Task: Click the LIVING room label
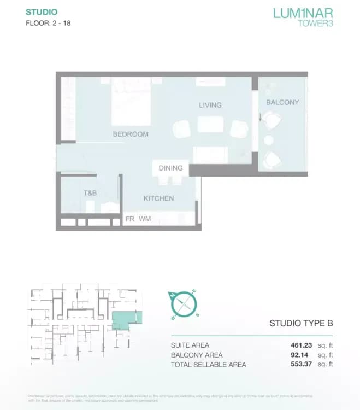pyautogui.click(x=210, y=105)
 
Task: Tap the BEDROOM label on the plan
pyautogui.click(x=131, y=134)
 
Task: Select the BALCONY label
pyautogui.click(x=282, y=102)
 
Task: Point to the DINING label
pyautogui.click(x=170, y=168)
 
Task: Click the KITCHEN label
pyautogui.click(x=158, y=198)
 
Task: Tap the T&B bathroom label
pyautogui.click(x=90, y=194)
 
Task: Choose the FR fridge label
pyautogui.click(x=130, y=219)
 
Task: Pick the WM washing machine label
pyautogui.click(x=145, y=219)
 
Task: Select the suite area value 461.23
pyautogui.click(x=300, y=345)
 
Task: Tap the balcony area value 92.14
pyautogui.click(x=303, y=355)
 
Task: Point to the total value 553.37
pyautogui.click(x=300, y=365)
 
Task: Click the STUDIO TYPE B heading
pyautogui.click(x=301, y=323)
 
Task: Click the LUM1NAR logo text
pyautogui.click(x=303, y=12)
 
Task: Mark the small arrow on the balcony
pyautogui.click(x=261, y=116)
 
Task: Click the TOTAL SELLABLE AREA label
pyautogui.click(x=209, y=365)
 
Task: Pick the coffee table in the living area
pyautogui.click(x=210, y=125)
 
